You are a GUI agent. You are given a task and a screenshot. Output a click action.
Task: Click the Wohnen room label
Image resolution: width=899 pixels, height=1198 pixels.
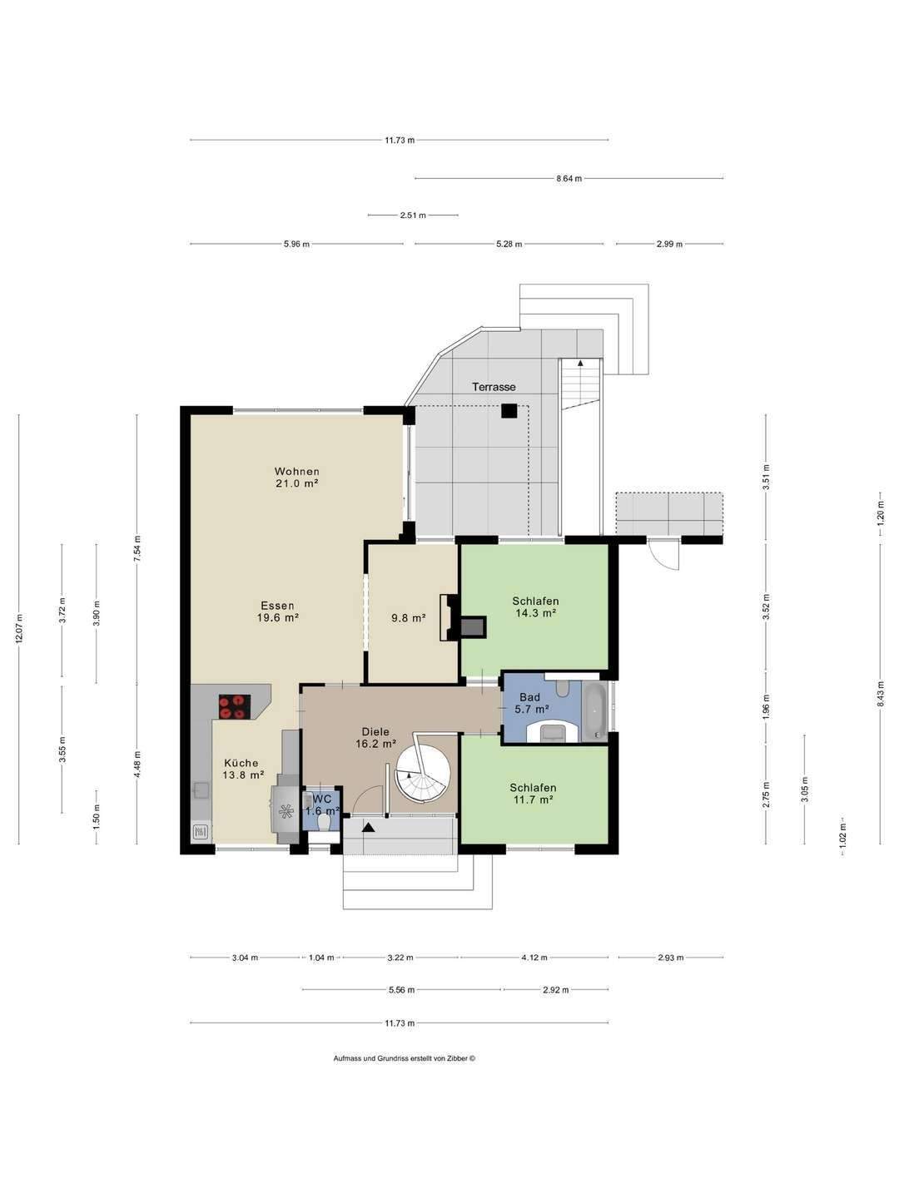(296, 471)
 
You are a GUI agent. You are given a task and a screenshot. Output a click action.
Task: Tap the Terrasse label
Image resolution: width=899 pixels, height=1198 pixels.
(494, 387)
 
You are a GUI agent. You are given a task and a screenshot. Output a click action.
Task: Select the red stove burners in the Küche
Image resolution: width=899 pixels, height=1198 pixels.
(235, 707)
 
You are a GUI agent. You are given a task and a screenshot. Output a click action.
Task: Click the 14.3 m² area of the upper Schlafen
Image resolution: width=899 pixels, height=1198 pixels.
(535, 613)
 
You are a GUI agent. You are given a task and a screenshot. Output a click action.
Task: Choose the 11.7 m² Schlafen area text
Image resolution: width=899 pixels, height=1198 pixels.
(533, 799)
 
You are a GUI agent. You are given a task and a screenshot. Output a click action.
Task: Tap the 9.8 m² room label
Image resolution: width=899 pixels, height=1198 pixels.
(408, 618)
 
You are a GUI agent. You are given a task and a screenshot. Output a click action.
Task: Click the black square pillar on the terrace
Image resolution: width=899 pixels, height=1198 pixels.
(509, 410)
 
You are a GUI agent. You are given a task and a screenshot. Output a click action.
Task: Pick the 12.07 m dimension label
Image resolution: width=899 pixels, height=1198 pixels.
(19, 629)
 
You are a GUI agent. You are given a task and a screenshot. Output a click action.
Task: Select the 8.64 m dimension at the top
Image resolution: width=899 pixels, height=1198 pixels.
(569, 178)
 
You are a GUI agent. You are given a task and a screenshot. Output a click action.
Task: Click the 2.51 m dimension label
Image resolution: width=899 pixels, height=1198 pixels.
(413, 215)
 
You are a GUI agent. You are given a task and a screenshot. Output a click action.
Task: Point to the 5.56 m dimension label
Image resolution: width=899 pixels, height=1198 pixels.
(401, 989)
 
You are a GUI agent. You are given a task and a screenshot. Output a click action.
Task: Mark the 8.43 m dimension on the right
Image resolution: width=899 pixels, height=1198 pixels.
(880, 693)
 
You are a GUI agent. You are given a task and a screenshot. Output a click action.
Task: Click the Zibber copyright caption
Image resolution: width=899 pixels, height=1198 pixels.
(405, 1057)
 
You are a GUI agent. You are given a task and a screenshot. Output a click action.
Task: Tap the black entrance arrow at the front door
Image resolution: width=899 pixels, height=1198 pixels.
(369, 828)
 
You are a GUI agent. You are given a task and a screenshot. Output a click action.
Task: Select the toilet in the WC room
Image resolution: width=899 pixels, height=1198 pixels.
(324, 823)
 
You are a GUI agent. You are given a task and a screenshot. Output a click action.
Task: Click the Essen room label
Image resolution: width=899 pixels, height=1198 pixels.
(277, 606)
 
